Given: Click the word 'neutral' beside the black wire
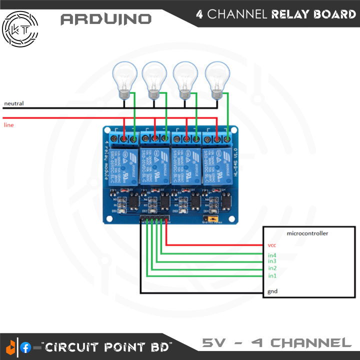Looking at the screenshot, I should click(x=13, y=103).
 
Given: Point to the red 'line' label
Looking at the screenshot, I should click(x=8, y=124).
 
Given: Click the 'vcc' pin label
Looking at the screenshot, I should click(x=272, y=245).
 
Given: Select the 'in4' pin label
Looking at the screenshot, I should click(x=272, y=255).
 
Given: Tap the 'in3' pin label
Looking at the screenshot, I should click(x=272, y=261).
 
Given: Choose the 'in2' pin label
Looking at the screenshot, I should click(x=272, y=268).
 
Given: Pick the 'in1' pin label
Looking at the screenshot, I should click(x=272, y=275).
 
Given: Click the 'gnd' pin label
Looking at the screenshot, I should click(x=272, y=291).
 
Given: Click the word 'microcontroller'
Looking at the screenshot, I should click(x=307, y=233).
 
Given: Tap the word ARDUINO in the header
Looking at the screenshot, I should click(x=105, y=19).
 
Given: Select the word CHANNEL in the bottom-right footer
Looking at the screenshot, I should click(x=311, y=343).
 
